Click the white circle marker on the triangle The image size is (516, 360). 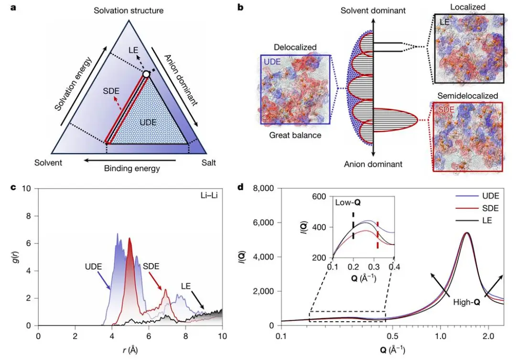pyautogui.click(x=146, y=74)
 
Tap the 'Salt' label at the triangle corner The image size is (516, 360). pyautogui.click(x=208, y=163)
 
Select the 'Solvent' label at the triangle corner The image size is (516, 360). pyautogui.click(x=48, y=163)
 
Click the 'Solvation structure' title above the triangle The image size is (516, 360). pyautogui.click(x=129, y=10)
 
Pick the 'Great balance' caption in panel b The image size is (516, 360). pyautogui.click(x=295, y=136)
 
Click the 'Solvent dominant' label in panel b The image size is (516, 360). pyautogui.click(x=373, y=10)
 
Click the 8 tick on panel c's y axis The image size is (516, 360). pyautogui.click(x=28, y=216)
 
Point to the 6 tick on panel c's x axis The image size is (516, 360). pyautogui.click(x=149, y=336)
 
